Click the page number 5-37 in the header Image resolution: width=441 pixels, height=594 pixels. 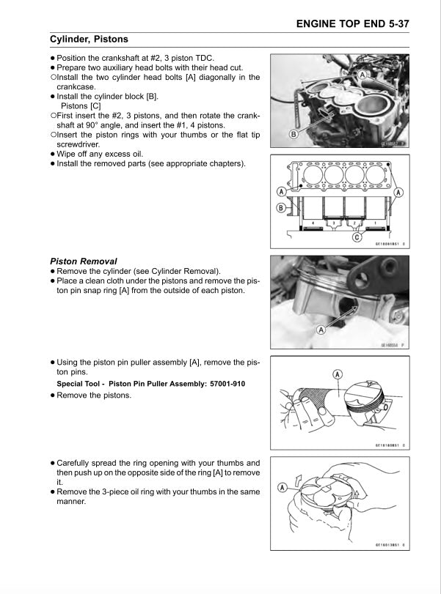(x=394, y=23)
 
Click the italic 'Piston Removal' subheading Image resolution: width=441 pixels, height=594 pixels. (x=83, y=261)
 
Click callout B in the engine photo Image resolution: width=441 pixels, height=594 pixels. (x=293, y=134)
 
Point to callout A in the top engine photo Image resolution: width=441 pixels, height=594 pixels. (x=362, y=75)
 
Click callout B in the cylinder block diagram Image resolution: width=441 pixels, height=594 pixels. (x=280, y=208)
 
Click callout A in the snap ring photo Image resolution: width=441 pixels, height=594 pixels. (x=321, y=330)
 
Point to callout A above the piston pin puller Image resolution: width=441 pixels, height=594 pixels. (x=338, y=374)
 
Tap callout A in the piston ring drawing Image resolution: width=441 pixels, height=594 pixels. (x=283, y=487)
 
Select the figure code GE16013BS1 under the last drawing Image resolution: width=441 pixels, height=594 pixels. (x=390, y=544)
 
